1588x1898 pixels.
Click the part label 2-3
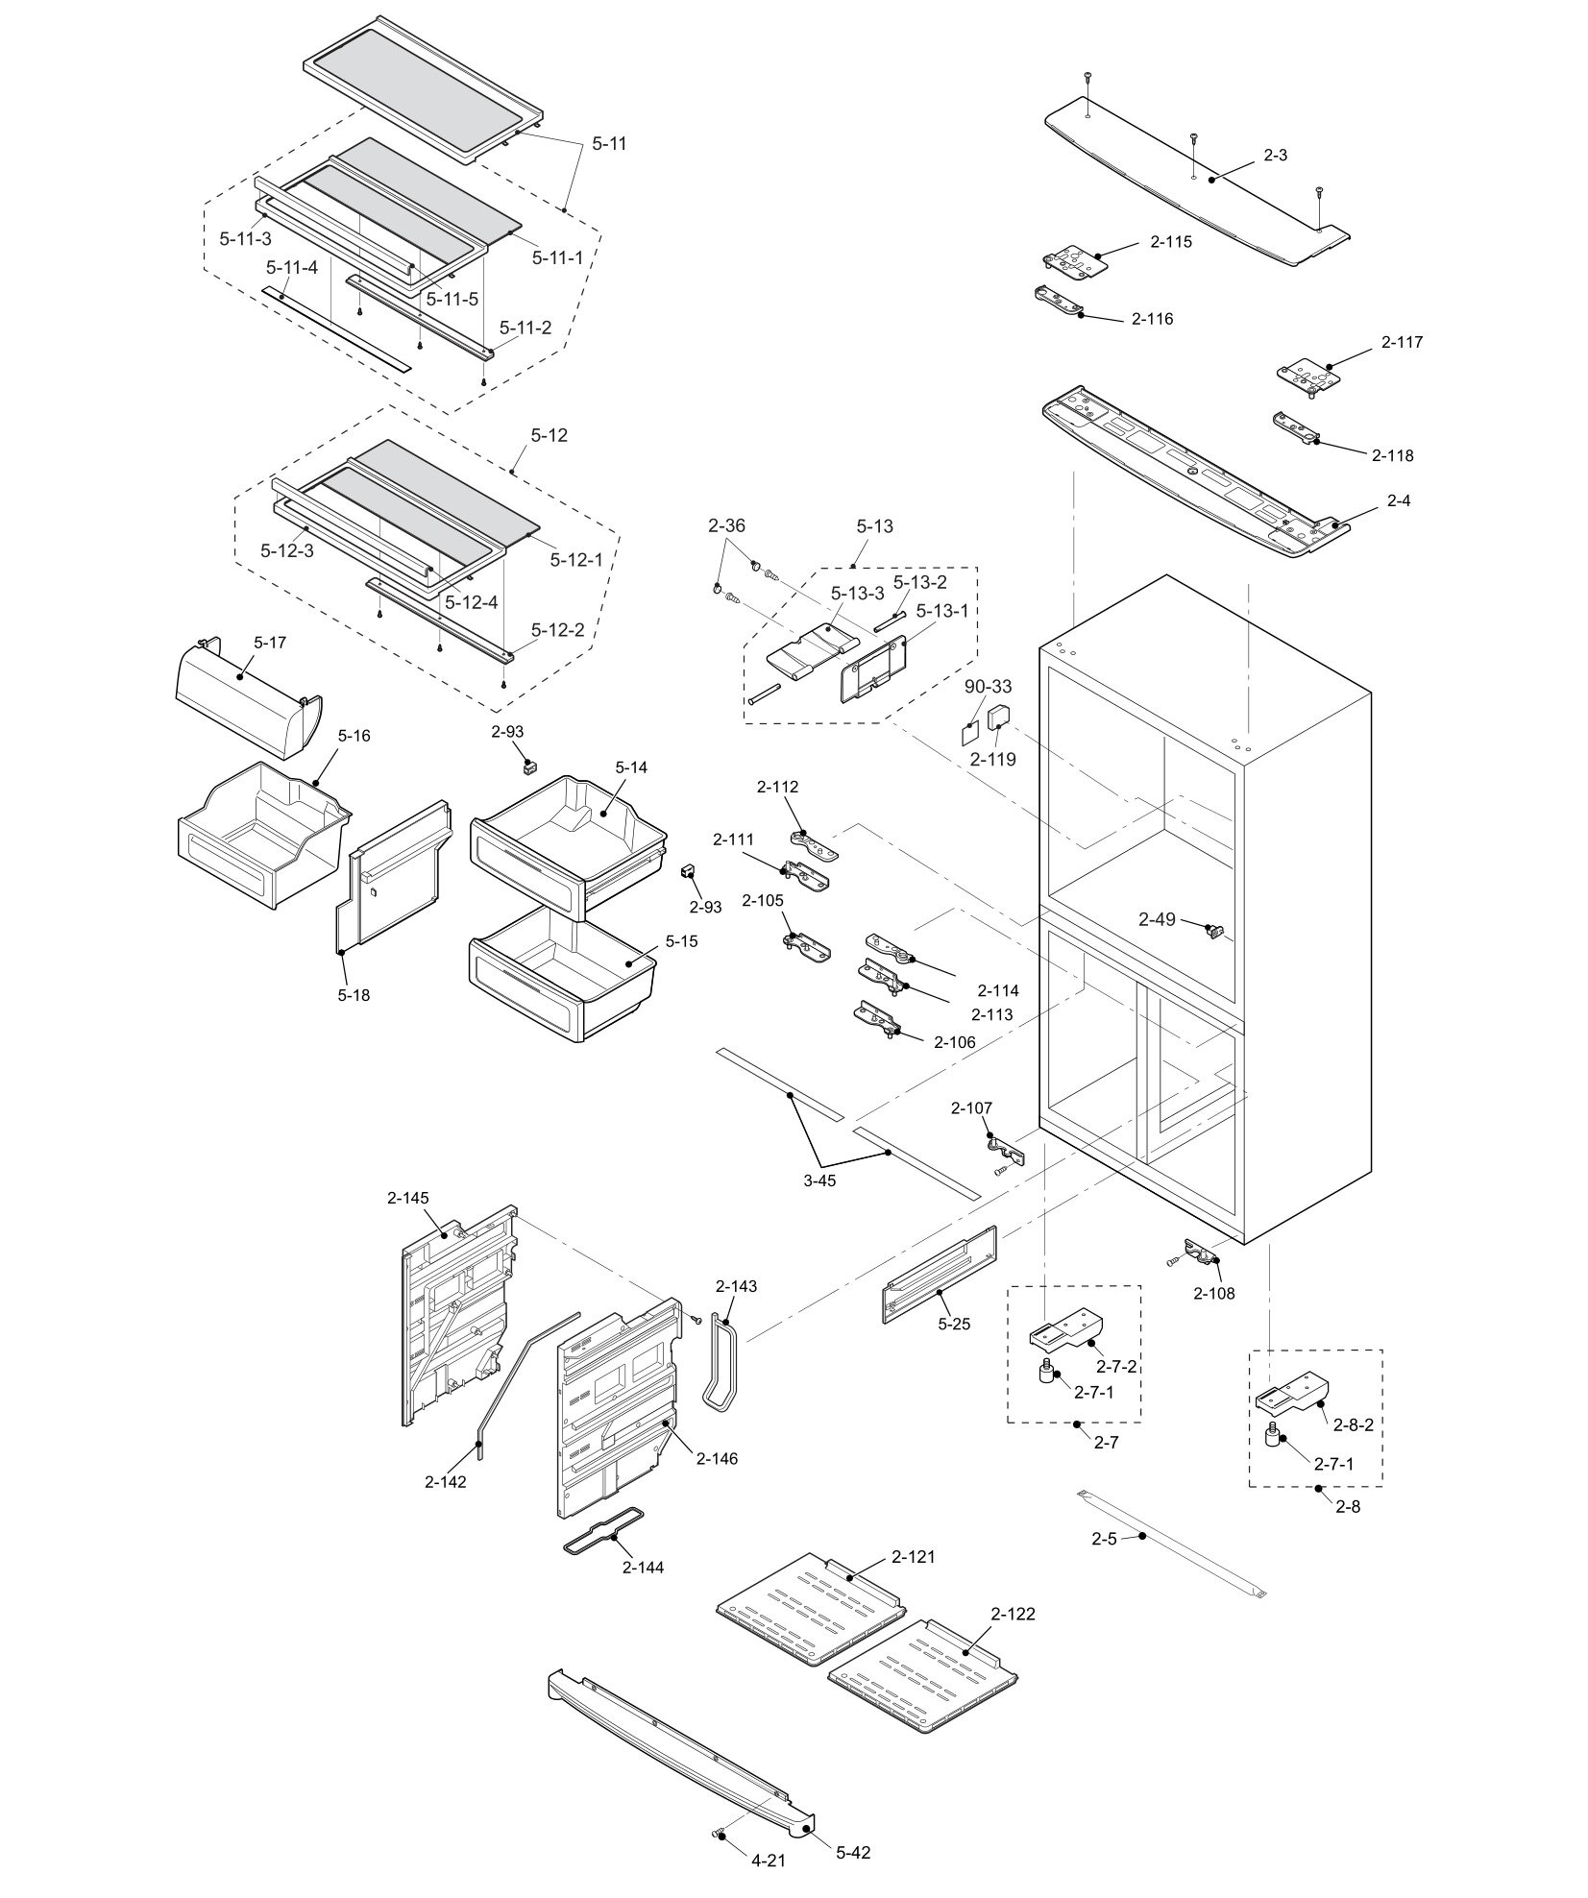point(1275,155)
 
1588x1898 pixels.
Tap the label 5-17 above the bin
point(270,641)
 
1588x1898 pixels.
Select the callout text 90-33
point(989,687)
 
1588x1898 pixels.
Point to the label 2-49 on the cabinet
point(1157,919)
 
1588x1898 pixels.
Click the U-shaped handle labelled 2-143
point(721,1363)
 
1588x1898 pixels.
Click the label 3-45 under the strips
point(819,1180)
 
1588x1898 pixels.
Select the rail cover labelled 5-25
point(939,1277)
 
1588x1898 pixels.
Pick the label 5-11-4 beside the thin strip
point(292,267)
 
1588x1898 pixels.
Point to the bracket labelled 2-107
point(1005,1148)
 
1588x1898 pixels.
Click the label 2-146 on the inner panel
point(717,1458)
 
